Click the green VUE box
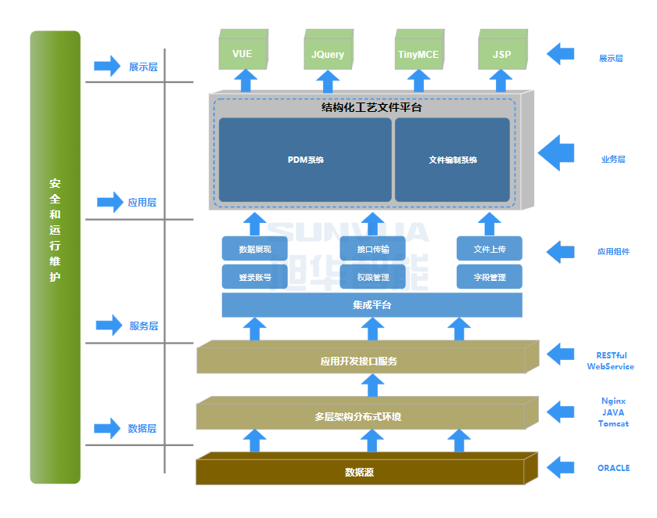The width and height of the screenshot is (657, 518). pyautogui.click(x=242, y=53)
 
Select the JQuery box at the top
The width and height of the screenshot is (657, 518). pyautogui.click(x=327, y=53)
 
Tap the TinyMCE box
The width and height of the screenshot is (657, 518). pyautogui.click(x=418, y=53)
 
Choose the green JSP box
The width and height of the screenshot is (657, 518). pyautogui.click(x=501, y=53)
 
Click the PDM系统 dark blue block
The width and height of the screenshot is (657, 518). pyautogui.click(x=305, y=160)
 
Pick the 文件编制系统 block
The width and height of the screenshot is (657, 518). pyautogui.click(x=452, y=160)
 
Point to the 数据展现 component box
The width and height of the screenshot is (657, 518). pyautogui.click(x=255, y=250)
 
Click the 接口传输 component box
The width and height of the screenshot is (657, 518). pyautogui.click(x=372, y=250)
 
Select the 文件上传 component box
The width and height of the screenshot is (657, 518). pyautogui.click(x=490, y=250)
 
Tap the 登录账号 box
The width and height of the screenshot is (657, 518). pyautogui.click(x=255, y=277)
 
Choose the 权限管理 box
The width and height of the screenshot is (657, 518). pyautogui.click(x=372, y=277)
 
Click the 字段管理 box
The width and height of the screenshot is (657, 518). pyautogui.click(x=490, y=277)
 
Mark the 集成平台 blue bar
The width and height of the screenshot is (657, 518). pyautogui.click(x=372, y=305)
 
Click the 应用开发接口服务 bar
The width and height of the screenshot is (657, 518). pyautogui.click(x=360, y=361)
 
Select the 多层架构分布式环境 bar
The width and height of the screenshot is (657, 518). pyautogui.click(x=360, y=416)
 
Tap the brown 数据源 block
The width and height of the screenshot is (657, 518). pyautogui.click(x=360, y=472)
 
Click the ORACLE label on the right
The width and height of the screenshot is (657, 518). pyautogui.click(x=613, y=468)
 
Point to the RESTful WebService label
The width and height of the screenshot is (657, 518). pyautogui.click(x=611, y=361)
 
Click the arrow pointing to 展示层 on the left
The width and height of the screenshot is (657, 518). pyautogui.click(x=107, y=67)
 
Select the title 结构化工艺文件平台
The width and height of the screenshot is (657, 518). pyautogui.click(x=372, y=107)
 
